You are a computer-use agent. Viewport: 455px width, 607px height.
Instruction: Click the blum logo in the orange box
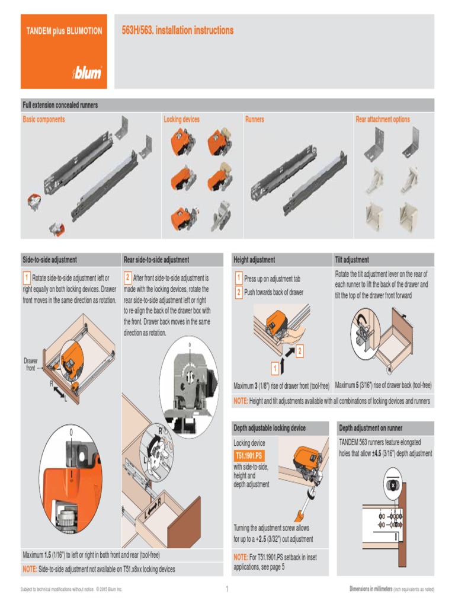[87, 73]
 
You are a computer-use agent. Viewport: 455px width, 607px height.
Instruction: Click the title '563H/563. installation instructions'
[178, 30]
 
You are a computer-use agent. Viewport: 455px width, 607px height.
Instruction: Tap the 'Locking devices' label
[182, 119]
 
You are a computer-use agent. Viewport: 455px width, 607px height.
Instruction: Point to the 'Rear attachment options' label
[383, 119]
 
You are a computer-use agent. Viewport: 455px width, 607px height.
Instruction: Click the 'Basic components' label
[44, 119]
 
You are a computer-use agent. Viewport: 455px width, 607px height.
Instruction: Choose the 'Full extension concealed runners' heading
[60, 105]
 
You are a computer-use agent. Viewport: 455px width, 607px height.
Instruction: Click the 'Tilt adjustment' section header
[352, 260]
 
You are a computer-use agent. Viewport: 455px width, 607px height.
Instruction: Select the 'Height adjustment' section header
[254, 260]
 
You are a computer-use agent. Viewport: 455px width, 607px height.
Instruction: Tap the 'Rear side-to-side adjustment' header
[156, 260]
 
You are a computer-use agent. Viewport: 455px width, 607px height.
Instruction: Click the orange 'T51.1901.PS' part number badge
[248, 456]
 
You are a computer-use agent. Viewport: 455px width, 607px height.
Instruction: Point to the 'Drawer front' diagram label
[30, 364]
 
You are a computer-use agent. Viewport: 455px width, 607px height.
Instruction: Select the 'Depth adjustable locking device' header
[270, 428]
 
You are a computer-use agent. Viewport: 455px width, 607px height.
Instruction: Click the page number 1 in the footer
[227, 589]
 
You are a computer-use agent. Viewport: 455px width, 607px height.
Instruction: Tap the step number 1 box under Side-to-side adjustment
[27, 277]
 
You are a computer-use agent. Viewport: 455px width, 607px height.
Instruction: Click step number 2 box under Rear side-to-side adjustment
[128, 277]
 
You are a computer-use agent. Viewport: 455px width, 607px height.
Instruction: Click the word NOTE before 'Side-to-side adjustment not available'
[30, 569]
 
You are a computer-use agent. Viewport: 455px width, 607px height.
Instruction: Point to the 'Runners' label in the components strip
[255, 119]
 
